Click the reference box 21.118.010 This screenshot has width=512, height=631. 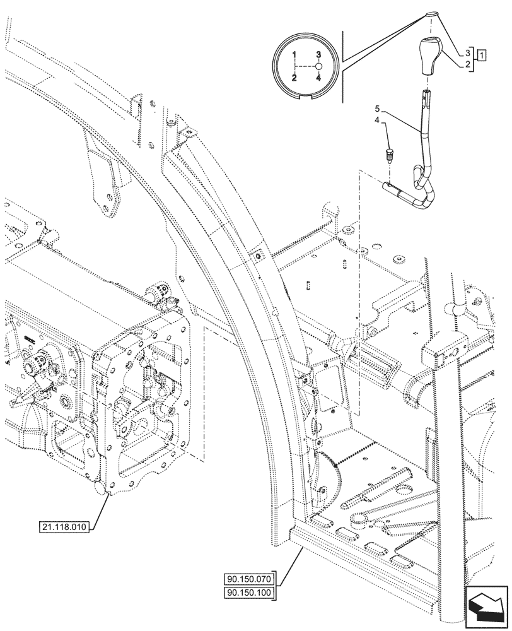(64, 526)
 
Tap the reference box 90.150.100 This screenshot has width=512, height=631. (248, 592)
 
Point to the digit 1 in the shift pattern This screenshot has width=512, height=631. (294, 55)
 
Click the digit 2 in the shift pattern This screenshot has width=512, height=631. (294, 78)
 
